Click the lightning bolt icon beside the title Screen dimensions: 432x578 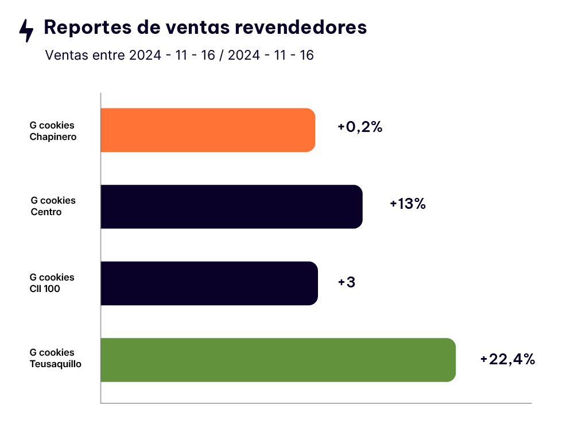click(x=26, y=30)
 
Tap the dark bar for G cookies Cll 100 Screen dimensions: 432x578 click(x=209, y=283)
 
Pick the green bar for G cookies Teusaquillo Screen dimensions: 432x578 click(x=278, y=360)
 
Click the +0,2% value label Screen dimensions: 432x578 click(x=360, y=127)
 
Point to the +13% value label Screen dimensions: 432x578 click(x=408, y=204)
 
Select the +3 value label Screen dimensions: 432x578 click(x=347, y=282)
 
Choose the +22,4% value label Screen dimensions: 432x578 click(x=508, y=359)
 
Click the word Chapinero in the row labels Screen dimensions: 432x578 click(x=53, y=137)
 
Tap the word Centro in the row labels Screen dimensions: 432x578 click(x=46, y=212)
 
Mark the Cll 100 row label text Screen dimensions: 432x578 click(x=45, y=289)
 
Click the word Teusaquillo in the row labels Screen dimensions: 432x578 click(x=55, y=364)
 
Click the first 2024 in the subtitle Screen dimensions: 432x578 click(x=146, y=56)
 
